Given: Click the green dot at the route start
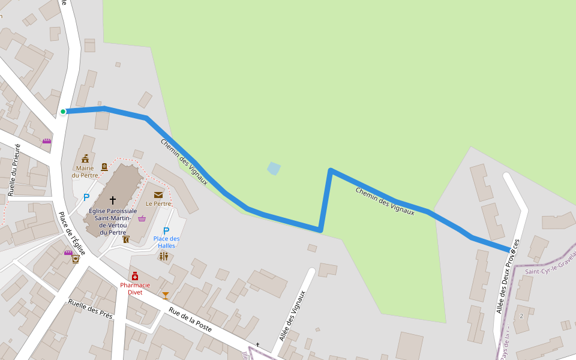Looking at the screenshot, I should point(63,111).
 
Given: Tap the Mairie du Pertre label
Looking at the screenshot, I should point(85,172).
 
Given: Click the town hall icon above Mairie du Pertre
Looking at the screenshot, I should point(85,158).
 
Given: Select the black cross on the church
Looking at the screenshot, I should point(112,200).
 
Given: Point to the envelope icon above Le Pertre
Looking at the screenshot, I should point(158,194).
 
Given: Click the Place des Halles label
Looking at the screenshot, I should point(166,242).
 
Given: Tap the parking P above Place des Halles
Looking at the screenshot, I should point(166,230).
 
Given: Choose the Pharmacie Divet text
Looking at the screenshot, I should point(134,289).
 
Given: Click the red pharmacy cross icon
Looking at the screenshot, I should point(135,276).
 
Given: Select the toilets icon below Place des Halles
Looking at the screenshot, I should point(164,256).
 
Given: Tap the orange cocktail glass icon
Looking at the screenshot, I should point(166,295).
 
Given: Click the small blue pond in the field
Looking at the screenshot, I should point(274,169).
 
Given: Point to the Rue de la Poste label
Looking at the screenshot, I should point(190,319).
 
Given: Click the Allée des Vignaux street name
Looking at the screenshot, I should point(293,315).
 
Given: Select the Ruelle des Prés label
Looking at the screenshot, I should point(91,310).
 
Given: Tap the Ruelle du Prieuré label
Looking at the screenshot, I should point(15,170).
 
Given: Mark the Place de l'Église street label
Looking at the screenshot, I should point(71,233).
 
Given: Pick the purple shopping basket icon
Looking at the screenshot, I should point(142,218).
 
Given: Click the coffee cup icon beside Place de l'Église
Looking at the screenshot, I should point(76,260).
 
